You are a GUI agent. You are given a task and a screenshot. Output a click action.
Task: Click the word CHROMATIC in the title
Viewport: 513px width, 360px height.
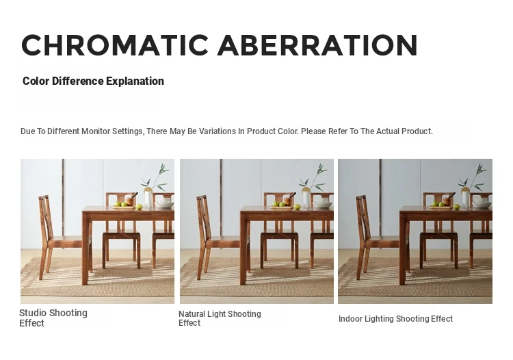(x=115, y=45)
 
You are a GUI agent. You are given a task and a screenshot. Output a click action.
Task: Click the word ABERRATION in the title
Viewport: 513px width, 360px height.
(x=317, y=45)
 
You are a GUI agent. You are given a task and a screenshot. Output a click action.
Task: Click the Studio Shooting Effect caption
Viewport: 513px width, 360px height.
(x=53, y=318)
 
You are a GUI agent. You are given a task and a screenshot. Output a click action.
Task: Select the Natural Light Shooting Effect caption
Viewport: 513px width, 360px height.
(x=220, y=318)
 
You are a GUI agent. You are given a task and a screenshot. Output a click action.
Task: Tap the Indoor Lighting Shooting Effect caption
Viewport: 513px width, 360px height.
(x=395, y=318)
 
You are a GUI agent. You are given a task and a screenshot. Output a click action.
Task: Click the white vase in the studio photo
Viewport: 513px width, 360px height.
(x=148, y=199)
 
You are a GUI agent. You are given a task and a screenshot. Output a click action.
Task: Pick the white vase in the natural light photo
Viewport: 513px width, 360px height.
(x=306, y=199)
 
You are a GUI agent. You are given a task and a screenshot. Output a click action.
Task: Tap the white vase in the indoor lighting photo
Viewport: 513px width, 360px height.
(x=465, y=199)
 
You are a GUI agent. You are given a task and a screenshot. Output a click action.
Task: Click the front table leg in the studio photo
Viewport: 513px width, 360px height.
(x=85, y=248)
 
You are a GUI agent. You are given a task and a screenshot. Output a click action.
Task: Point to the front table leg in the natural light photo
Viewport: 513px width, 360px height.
(x=243, y=248)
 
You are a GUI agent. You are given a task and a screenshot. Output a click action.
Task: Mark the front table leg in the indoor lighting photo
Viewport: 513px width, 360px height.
(x=403, y=248)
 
